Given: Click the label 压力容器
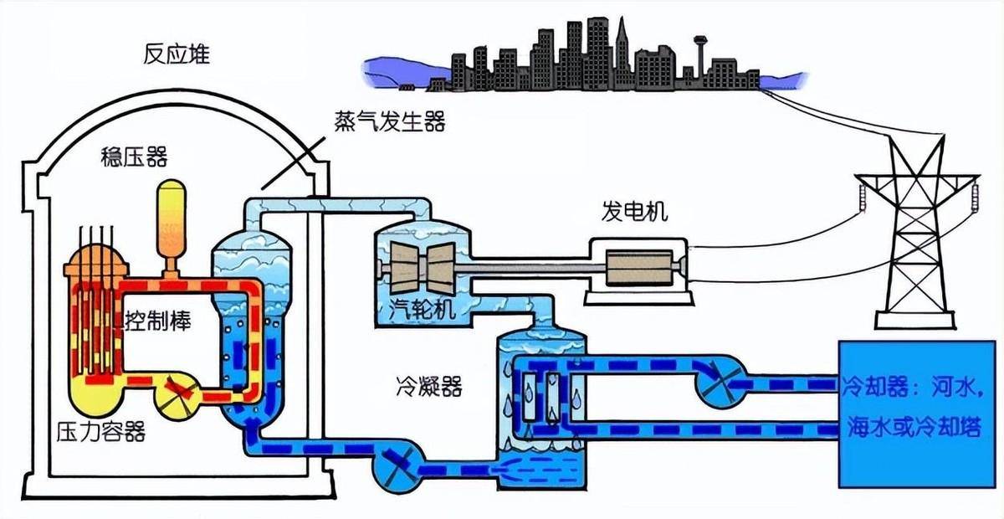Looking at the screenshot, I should pyautogui.click(x=100, y=432).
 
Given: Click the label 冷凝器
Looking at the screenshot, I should pyautogui.click(x=428, y=386).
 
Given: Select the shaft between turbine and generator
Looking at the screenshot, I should pyautogui.click(x=527, y=268).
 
